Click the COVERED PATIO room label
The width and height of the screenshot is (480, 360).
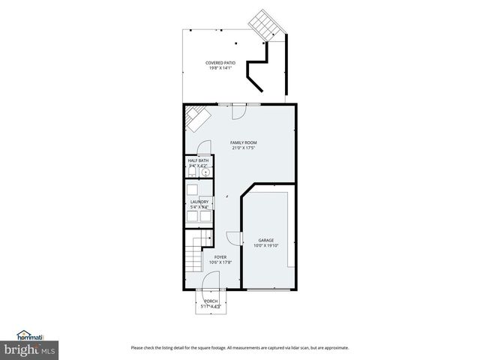[220, 63]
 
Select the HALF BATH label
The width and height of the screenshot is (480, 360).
[198, 160]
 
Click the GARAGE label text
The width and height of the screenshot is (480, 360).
[266, 240]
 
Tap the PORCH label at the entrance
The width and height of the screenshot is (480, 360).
[211, 301]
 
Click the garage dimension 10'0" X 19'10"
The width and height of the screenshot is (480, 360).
[266, 245]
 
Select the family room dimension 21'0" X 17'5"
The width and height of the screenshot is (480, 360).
[244, 148]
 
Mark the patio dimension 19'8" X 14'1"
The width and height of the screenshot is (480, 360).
[220, 68]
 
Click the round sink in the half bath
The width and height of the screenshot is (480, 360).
[205, 172]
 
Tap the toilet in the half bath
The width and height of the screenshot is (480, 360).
[192, 172]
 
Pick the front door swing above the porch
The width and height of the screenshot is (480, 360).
[211, 280]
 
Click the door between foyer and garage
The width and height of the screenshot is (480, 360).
[234, 238]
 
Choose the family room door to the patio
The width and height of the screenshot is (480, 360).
[239, 110]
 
